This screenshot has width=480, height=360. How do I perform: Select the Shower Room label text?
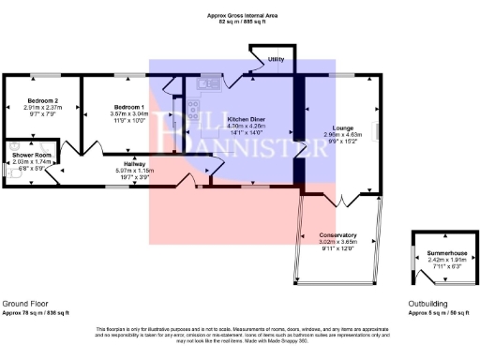click(30, 155)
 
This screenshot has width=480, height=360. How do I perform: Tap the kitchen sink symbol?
click(203, 84)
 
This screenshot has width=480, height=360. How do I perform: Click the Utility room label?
click(276, 59)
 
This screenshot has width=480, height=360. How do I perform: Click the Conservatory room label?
click(337, 234)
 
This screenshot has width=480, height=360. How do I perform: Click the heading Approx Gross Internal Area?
click(243, 16)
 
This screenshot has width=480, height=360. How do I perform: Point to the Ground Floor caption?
click(24, 305)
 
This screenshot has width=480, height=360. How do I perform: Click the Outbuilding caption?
click(431, 305)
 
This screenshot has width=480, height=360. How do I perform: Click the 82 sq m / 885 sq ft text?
click(243, 22)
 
